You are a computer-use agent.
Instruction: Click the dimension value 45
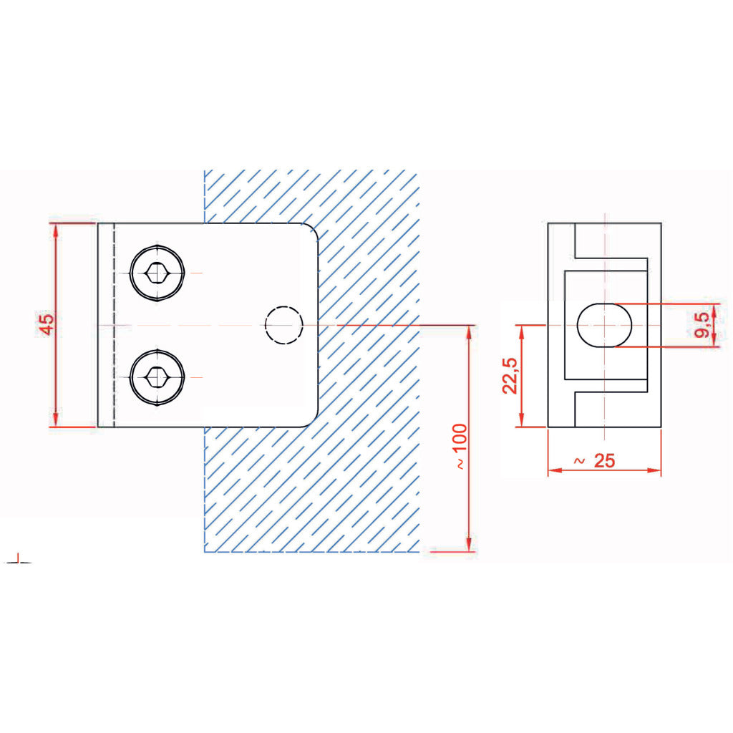coord(47,324)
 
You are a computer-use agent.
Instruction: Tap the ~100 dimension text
coord(460,446)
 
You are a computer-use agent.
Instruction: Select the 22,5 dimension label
coord(510,376)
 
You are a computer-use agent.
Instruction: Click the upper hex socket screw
coord(157,273)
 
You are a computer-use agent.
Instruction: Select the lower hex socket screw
coord(157,377)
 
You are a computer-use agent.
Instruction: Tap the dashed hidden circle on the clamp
coord(283,325)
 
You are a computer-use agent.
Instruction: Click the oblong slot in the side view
coord(604,325)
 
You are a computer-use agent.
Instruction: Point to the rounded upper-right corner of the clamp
coord(313,229)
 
